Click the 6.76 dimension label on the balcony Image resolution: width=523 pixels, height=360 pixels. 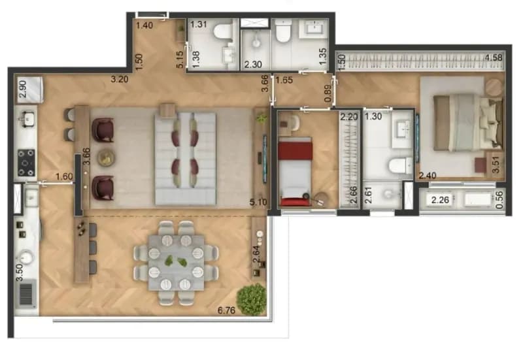[x=226, y=310]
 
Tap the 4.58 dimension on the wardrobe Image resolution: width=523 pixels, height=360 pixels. [x=494, y=57]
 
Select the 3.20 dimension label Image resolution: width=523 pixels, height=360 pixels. [x=120, y=79]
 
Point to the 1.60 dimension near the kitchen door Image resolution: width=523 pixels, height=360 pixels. [x=64, y=176]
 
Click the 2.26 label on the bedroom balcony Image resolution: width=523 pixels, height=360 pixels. [x=440, y=200]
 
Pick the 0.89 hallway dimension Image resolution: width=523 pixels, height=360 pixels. [x=328, y=93]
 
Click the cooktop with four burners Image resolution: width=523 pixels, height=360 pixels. [x=26, y=163]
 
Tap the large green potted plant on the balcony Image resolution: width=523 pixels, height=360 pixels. [x=252, y=299]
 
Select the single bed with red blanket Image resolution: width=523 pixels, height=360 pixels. [x=295, y=171]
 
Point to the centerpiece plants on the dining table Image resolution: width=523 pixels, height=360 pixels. [x=175, y=261]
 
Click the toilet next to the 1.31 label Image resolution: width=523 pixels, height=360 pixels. [x=223, y=31]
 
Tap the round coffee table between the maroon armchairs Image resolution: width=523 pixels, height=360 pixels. [x=107, y=157]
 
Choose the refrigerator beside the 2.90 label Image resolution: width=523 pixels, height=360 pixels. [x=30, y=90]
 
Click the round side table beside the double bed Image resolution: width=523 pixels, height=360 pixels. [x=494, y=88]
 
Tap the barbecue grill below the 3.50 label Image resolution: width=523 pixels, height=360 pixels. [x=26, y=294]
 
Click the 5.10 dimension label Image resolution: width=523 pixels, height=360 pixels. [x=258, y=202]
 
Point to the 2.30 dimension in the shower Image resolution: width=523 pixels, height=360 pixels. [x=253, y=64]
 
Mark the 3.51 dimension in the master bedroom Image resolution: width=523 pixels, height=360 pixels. [x=496, y=165]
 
